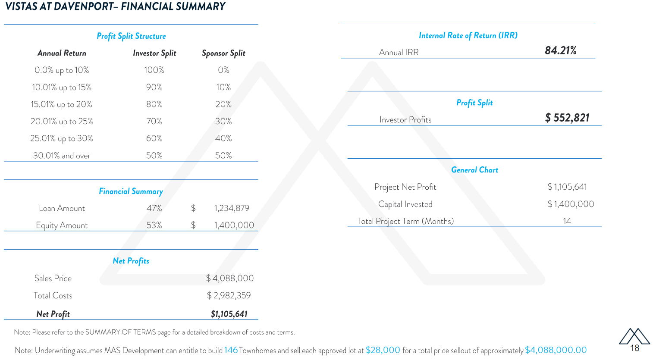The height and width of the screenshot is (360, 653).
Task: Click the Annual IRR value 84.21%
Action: tap(561, 51)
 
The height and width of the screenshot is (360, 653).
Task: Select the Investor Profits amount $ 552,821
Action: tap(567, 118)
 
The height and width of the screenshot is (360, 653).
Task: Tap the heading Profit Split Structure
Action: tap(131, 36)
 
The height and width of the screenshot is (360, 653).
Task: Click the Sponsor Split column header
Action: tap(223, 53)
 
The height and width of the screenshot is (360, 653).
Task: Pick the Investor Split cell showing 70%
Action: tap(154, 121)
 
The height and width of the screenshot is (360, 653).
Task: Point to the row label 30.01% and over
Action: tap(62, 156)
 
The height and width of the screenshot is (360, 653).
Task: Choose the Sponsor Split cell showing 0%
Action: tap(223, 70)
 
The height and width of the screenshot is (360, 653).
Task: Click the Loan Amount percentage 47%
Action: tap(154, 208)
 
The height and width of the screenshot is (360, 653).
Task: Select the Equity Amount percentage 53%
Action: tap(154, 225)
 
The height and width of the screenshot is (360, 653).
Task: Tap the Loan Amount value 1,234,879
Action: tap(232, 208)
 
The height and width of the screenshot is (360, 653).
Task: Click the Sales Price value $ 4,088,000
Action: tap(230, 279)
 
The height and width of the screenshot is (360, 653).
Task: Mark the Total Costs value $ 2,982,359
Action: tap(229, 296)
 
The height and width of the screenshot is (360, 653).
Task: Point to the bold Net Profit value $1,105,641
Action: tap(229, 314)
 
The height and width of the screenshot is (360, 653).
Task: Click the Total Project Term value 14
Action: tap(567, 221)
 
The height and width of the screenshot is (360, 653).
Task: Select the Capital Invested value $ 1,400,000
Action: tap(571, 204)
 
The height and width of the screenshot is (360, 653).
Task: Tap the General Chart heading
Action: tap(474, 170)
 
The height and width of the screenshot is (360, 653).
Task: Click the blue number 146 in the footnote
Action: tap(231, 350)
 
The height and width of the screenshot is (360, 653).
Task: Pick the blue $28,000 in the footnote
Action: tap(383, 350)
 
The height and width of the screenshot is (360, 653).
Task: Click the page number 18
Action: tap(634, 348)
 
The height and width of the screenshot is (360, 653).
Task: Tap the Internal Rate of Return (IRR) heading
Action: tap(468, 35)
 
